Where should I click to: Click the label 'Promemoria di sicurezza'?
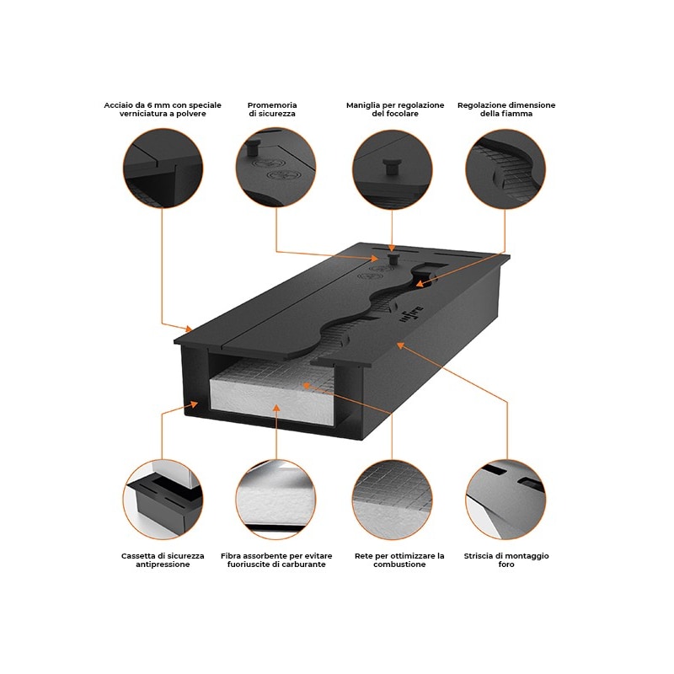tap(272, 110)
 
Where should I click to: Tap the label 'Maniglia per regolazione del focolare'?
tap(395, 110)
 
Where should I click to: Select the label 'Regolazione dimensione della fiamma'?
tap(506, 110)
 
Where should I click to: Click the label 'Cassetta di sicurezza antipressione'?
tap(163, 560)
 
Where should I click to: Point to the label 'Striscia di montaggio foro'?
tap(506, 560)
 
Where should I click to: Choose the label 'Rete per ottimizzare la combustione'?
tap(399, 560)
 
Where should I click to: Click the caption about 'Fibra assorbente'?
tap(276, 560)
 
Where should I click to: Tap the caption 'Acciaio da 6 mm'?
tap(163, 110)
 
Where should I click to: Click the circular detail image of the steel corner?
tap(163, 168)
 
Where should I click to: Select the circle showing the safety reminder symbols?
tap(275, 167)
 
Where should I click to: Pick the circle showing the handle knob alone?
tap(392, 169)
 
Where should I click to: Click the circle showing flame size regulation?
tap(505, 169)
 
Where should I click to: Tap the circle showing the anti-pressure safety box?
tap(163, 499)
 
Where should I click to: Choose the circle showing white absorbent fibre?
tap(275, 499)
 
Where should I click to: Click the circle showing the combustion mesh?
tap(392, 499)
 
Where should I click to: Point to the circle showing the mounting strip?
tap(505, 499)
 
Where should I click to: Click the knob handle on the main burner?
tap(393, 259)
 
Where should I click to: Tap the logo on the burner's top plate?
tap(411, 313)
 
